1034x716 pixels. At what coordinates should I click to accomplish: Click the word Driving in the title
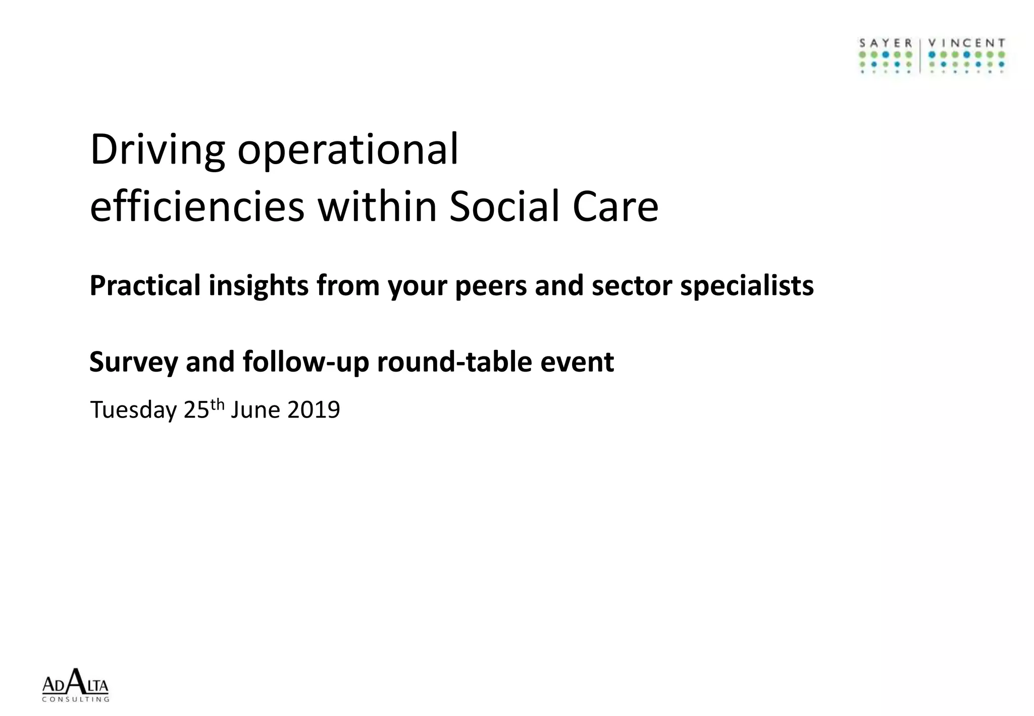click(157, 150)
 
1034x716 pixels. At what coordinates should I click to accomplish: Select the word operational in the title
click(348, 150)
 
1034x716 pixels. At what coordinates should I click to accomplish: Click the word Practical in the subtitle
click(145, 286)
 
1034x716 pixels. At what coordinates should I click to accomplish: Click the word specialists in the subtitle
click(747, 286)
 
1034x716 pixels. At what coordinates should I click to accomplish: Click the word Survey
click(134, 362)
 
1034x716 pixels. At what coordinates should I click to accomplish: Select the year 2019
click(314, 410)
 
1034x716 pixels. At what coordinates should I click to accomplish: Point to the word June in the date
click(255, 410)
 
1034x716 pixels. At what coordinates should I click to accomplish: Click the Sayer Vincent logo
click(932, 56)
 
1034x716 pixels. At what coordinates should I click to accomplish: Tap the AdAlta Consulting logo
click(75, 685)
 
